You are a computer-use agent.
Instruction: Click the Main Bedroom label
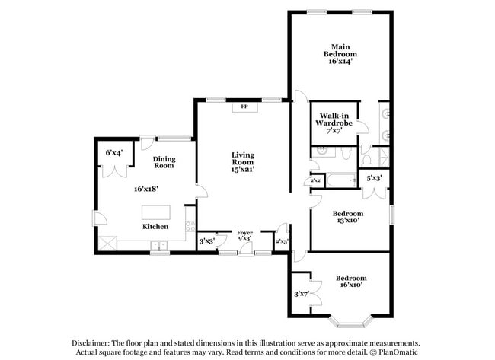pos(340,50)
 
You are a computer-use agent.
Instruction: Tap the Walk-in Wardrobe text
pos(335,119)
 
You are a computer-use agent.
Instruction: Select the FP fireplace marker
pos(244,107)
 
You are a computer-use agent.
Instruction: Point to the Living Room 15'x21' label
pos(243,161)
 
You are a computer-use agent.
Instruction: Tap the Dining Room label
pos(164,162)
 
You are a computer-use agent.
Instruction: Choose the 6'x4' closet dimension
pos(114,153)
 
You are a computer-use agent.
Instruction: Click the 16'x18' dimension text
pos(146,187)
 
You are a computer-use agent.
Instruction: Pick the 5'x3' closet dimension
pos(374,178)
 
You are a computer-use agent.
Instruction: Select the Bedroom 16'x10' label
pos(351,282)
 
